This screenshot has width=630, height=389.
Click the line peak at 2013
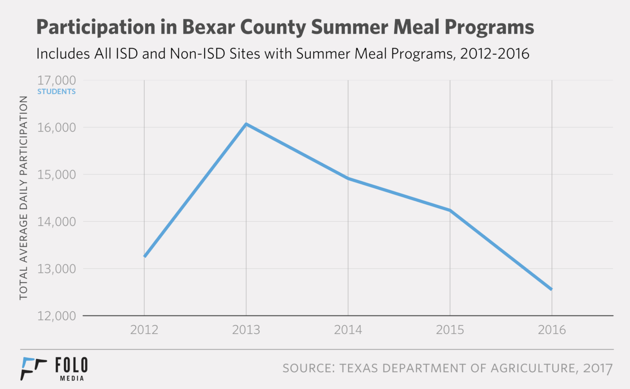point(246,124)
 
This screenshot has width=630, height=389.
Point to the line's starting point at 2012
point(145,256)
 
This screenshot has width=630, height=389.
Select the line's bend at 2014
point(348,178)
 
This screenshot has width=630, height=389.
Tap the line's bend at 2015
point(450,210)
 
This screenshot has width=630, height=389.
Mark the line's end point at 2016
point(551,289)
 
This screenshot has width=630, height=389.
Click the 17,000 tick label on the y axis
point(56,80)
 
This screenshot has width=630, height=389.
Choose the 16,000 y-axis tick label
point(56,128)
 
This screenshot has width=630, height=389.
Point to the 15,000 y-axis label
point(56,175)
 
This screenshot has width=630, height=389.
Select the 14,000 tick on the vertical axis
point(56,222)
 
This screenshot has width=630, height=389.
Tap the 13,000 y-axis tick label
point(56,269)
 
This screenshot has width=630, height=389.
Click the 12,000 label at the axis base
point(56,316)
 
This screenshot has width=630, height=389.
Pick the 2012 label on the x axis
point(144,330)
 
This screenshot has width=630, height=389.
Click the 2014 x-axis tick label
point(348,330)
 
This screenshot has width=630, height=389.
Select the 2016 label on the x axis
point(552,330)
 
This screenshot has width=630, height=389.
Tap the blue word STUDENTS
point(56,92)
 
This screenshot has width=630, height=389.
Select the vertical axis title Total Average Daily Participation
point(23,198)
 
